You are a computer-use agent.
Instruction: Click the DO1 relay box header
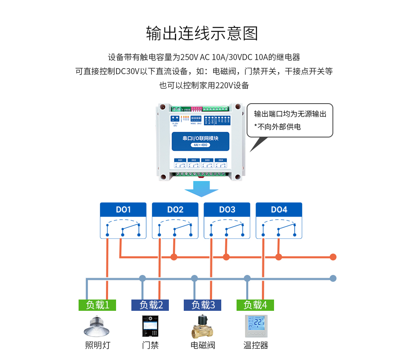point(123,210)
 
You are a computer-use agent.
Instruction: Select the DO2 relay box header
point(175,210)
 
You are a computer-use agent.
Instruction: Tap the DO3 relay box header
point(227,210)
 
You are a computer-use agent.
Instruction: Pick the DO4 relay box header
point(279,210)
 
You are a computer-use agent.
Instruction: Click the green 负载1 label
point(97,305)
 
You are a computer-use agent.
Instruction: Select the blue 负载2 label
point(150,305)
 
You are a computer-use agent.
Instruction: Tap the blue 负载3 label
point(202,305)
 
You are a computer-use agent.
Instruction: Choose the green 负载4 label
point(255,305)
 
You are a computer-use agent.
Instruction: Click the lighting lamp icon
point(97,326)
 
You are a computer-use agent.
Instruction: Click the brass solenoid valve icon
point(202,326)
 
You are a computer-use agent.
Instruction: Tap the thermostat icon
point(256,326)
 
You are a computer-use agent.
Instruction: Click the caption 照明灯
point(97,345)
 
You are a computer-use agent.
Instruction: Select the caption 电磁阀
point(203,345)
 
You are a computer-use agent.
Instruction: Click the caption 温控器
point(256,345)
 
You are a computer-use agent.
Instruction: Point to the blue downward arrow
point(201,188)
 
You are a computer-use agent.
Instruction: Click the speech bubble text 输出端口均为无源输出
point(290,114)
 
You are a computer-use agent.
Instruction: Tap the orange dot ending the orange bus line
point(333,257)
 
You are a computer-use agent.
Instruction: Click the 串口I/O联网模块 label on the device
point(200,138)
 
